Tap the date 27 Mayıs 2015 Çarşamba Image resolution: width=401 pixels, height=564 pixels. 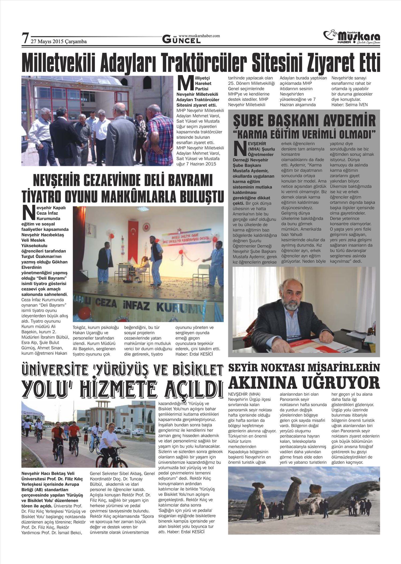tap(59, 41)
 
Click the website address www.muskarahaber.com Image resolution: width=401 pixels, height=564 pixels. tap(199, 36)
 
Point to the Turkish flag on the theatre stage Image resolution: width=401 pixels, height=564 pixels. tap(133, 234)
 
